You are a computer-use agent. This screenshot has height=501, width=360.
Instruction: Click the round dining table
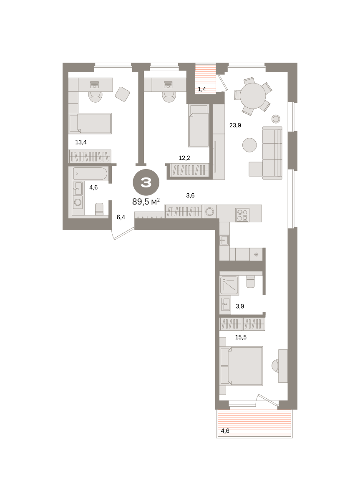[x=253, y=96]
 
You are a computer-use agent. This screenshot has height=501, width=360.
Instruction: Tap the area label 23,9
[x=235, y=125]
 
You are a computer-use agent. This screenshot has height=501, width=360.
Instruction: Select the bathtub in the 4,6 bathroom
[x=90, y=174]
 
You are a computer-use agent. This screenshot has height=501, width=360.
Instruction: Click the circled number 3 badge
[x=146, y=182]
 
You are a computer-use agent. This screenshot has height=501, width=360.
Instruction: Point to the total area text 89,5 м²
[x=146, y=202]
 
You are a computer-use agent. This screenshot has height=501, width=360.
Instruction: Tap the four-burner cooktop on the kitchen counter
[x=242, y=215]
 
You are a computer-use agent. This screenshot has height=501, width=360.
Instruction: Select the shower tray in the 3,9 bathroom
[x=229, y=286]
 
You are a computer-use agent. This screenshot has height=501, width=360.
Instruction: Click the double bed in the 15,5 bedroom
[x=242, y=366]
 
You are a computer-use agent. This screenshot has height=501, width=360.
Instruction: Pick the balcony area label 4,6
[x=225, y=431]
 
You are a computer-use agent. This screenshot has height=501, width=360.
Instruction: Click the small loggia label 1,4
[x=202, y=89]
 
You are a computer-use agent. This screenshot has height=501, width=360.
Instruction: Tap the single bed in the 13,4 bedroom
[x=90, y=123]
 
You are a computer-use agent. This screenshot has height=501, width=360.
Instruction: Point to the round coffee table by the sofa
[x=249, y=145]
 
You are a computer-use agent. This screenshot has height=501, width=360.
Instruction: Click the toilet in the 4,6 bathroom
[x=99, y=209]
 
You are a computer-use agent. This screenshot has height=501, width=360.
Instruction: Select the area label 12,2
[x=184, y=158]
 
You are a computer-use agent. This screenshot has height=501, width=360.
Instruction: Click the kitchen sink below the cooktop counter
[x=224, y=240]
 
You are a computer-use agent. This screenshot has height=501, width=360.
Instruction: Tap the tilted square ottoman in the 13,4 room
[x=123, y=94]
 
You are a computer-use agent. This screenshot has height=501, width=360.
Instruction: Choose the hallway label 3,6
[x=190, y=195]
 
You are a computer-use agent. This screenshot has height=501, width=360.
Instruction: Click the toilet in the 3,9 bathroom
[x=251, y=282]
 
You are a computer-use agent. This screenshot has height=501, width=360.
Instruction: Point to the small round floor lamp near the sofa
[x=276, y=119]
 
